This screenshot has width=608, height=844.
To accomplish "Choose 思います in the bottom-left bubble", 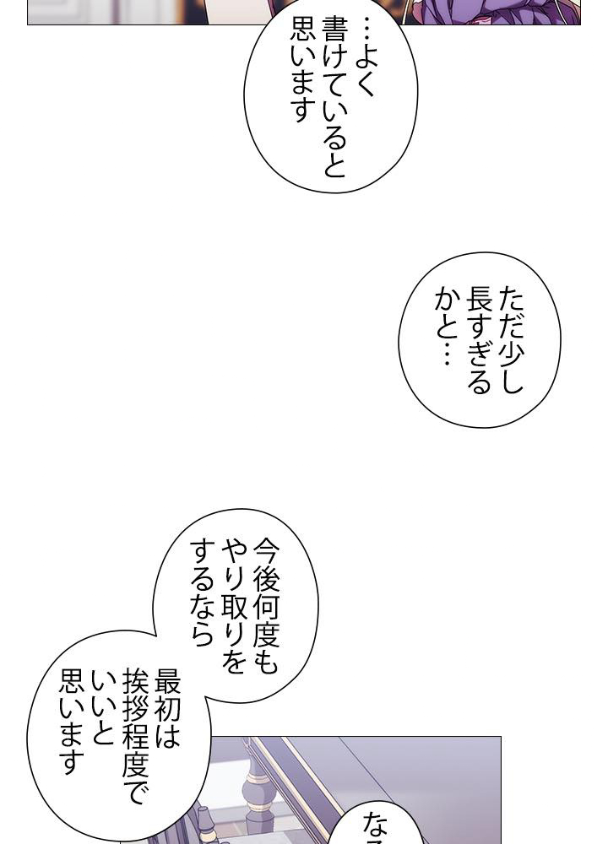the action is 71,722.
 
